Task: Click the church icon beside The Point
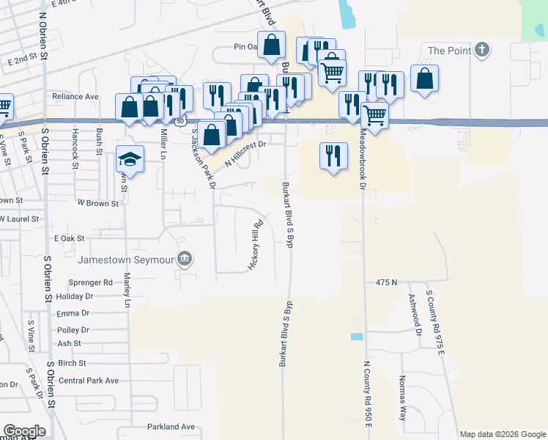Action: coord(481,50)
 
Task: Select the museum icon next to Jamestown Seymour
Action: coord(185,258)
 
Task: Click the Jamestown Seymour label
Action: coord(127,259)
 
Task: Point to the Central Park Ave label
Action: coord(89,381)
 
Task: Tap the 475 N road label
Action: coord(386,282)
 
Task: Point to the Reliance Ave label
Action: coord(75,97)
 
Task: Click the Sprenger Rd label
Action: coord(90,282)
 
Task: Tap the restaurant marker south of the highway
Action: coord(333,155)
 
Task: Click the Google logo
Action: coord(24,431)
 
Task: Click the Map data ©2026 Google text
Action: coord(502,434)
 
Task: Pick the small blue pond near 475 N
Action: coord(357,337)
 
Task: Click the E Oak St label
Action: coord(70,238)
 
